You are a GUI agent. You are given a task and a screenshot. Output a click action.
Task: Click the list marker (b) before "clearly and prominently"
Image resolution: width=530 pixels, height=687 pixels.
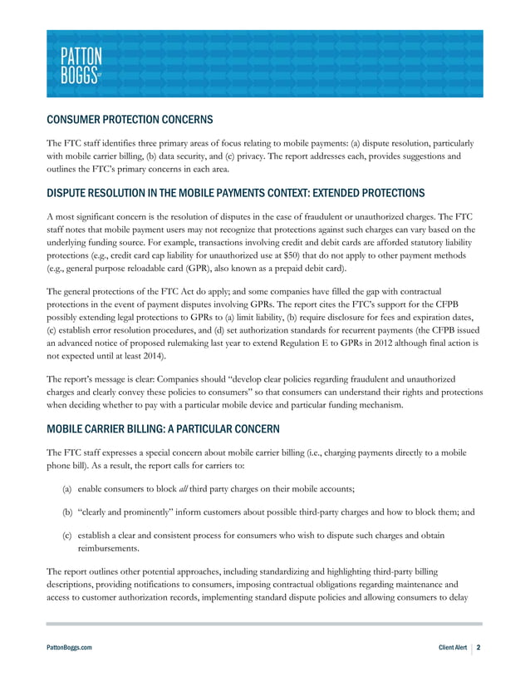67,512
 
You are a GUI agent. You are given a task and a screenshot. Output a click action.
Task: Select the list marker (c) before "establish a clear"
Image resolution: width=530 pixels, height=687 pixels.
67,536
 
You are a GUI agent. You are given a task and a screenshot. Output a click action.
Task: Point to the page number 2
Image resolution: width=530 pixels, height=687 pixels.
479,645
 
